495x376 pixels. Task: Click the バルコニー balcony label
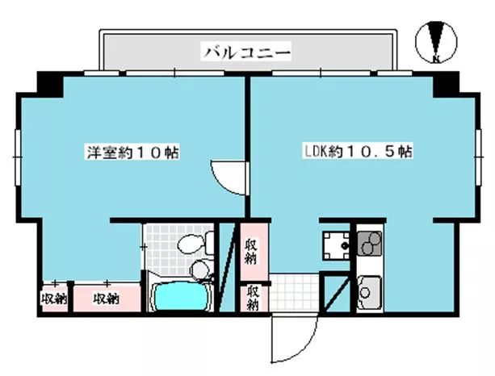click(246, 52)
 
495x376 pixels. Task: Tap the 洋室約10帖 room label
click(133, 152)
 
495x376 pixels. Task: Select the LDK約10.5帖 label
click(358, 152)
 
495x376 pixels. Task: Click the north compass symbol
click(436, 42)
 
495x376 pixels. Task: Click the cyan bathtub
click(181, 296)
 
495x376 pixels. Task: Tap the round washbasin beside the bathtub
click(200, 270)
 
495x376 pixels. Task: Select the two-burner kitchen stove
click(369, 243)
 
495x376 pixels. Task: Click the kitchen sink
click(369, 292)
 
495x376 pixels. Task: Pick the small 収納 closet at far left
click(55, 298)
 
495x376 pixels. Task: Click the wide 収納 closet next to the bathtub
click(107, 298)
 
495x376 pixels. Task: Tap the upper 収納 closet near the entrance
click(254, 252)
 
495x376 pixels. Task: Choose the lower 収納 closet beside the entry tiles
click(254, 299)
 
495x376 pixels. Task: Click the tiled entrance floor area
click(294, 293)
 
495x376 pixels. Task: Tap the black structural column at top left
click(51, 84)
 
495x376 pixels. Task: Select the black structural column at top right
click(446, 84)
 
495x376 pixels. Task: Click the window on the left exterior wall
click(18, 157)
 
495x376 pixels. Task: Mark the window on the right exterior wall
click(479, 157)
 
